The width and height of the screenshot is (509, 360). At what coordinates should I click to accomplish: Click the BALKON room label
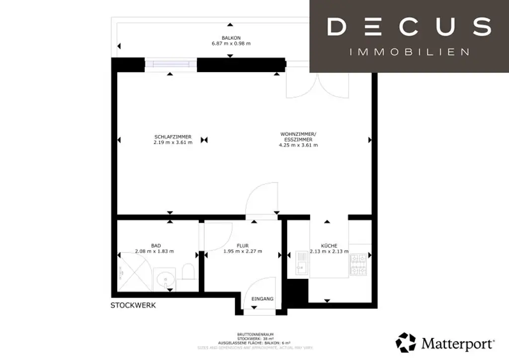pos(231,37)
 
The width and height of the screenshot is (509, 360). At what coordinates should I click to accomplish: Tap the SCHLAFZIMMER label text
pos(172,137)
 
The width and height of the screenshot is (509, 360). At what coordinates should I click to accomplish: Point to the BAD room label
pos(156,245)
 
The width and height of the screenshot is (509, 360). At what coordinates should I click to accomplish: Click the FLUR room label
pos(243,245)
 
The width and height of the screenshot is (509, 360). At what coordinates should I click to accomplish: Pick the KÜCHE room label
pos(329,245)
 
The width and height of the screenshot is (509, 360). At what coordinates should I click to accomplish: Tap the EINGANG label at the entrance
pos(262,299)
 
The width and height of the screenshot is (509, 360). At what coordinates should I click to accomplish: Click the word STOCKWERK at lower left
pos(133,305)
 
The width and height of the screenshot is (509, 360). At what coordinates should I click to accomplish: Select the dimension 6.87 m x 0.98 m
pos(231,43)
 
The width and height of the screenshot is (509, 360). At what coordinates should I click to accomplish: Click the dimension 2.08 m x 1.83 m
pos(155,251)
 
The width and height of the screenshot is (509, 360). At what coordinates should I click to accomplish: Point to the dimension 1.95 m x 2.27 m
pos(243,251)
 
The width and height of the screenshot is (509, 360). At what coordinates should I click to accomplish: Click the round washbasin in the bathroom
pos(164,279)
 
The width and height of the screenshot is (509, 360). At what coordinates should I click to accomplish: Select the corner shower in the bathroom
pos(131,272)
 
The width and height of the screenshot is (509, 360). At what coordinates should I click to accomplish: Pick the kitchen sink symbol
pos(301,262)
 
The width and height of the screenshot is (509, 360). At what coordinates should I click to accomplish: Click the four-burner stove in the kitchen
pos(359,265)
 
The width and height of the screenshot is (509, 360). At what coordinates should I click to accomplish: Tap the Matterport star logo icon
pos(406,343)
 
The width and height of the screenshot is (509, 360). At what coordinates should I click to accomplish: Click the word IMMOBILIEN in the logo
pos(410,52)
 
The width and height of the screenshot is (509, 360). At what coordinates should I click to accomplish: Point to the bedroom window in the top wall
pos(170,64)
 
